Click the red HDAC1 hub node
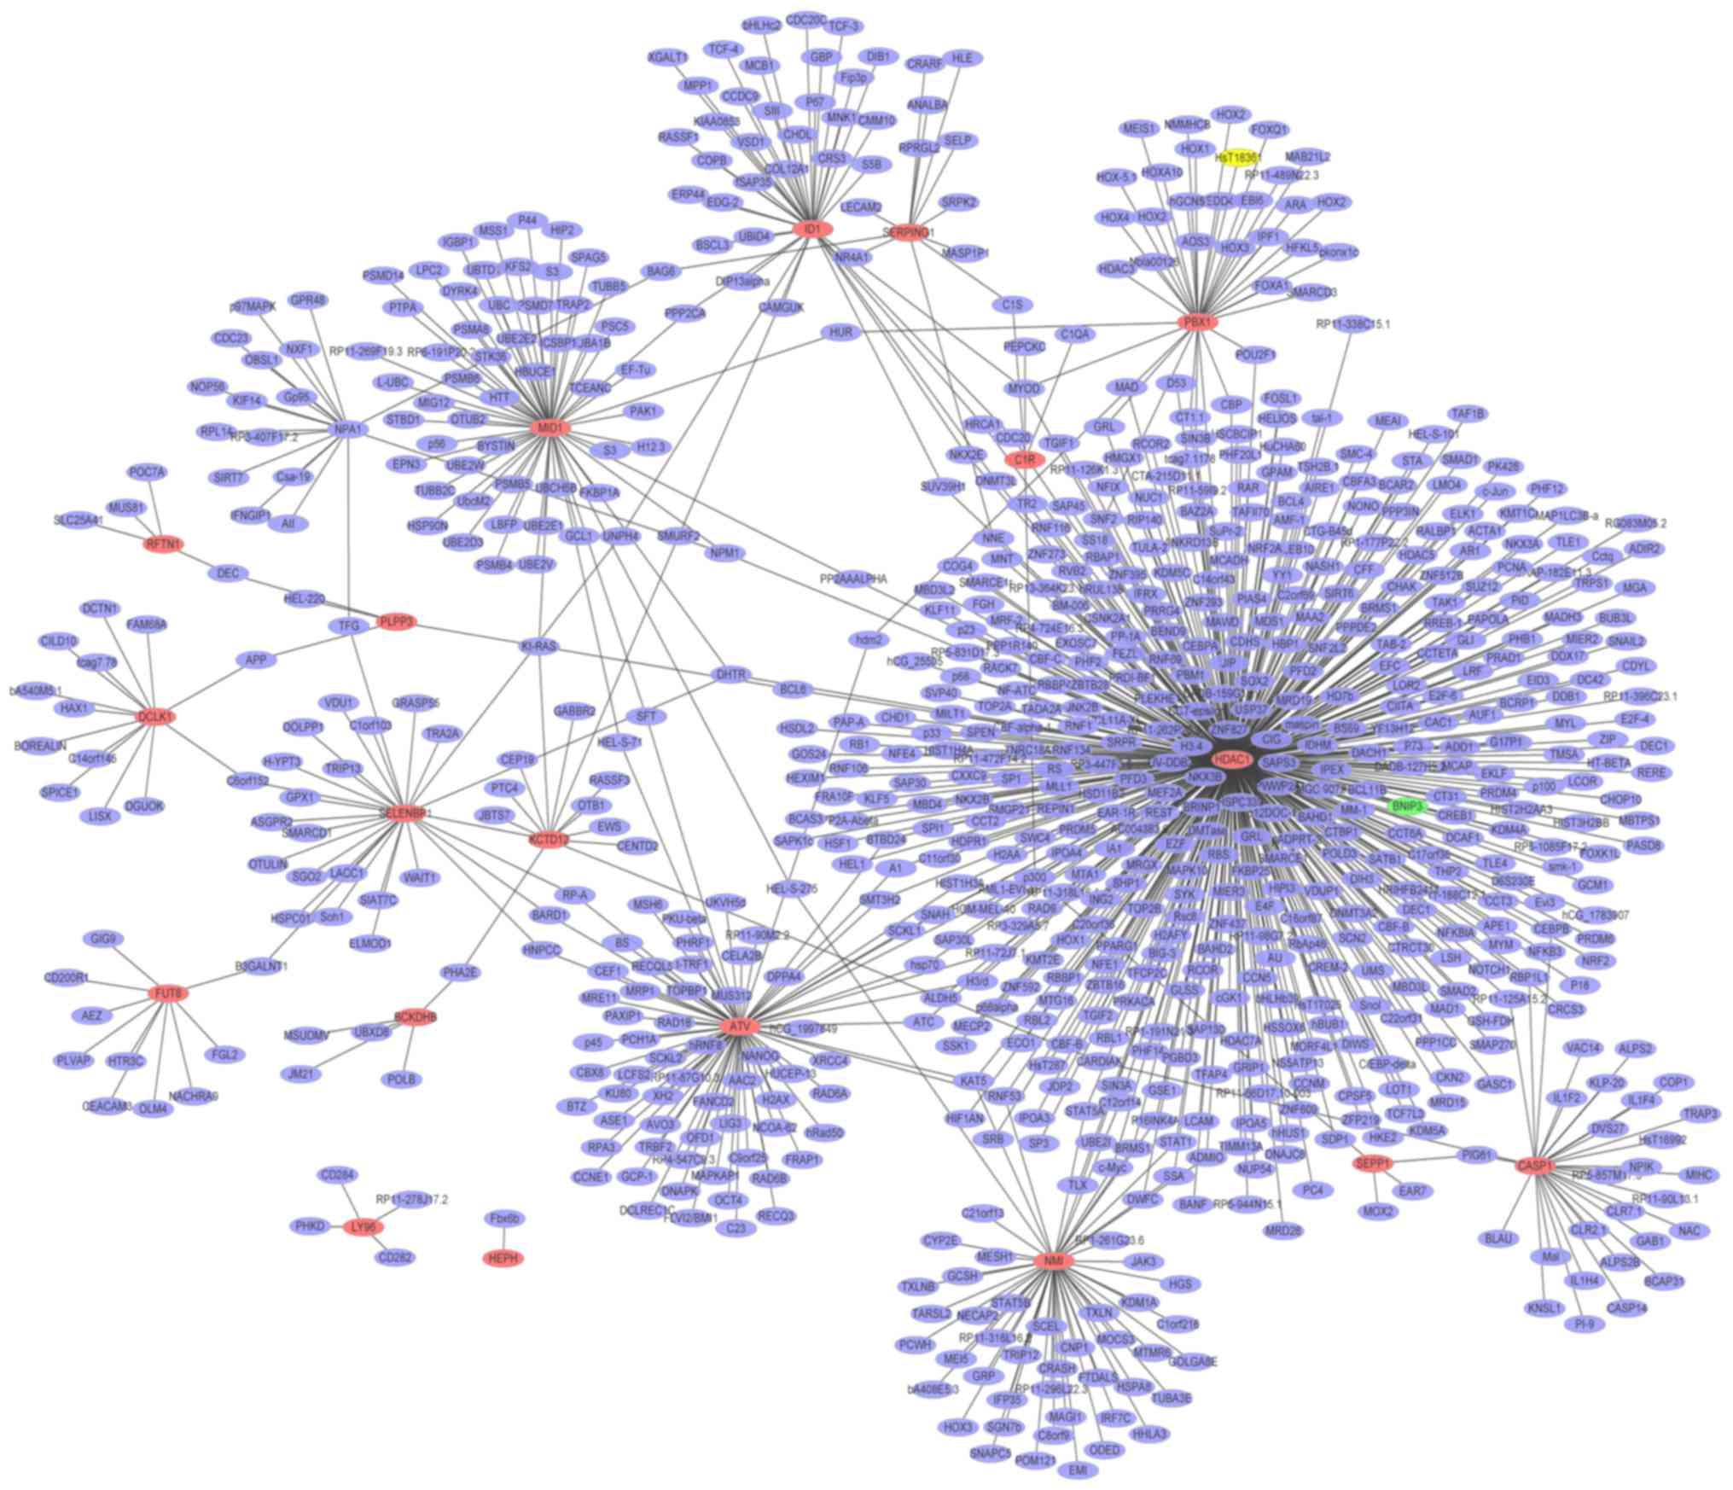click(1232, 759)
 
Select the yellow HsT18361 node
click(1237, 157)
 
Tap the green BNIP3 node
click(1407, 806)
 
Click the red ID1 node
click(811, 229)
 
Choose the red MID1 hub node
click(550, 427)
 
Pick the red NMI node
click(1053, 1260)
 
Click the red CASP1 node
click(1535, 1166)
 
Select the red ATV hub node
click(739, 1027)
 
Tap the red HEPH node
click(503, 1258)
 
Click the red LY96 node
click(363, 1227)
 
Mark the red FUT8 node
click(168, 993)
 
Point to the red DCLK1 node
click(155, 717)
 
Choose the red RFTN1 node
click(164, 544)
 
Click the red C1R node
click(1024, 460)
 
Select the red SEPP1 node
click(1373, 1163)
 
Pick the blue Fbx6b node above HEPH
click(504, 1218)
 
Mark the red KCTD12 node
click(549, 840)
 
